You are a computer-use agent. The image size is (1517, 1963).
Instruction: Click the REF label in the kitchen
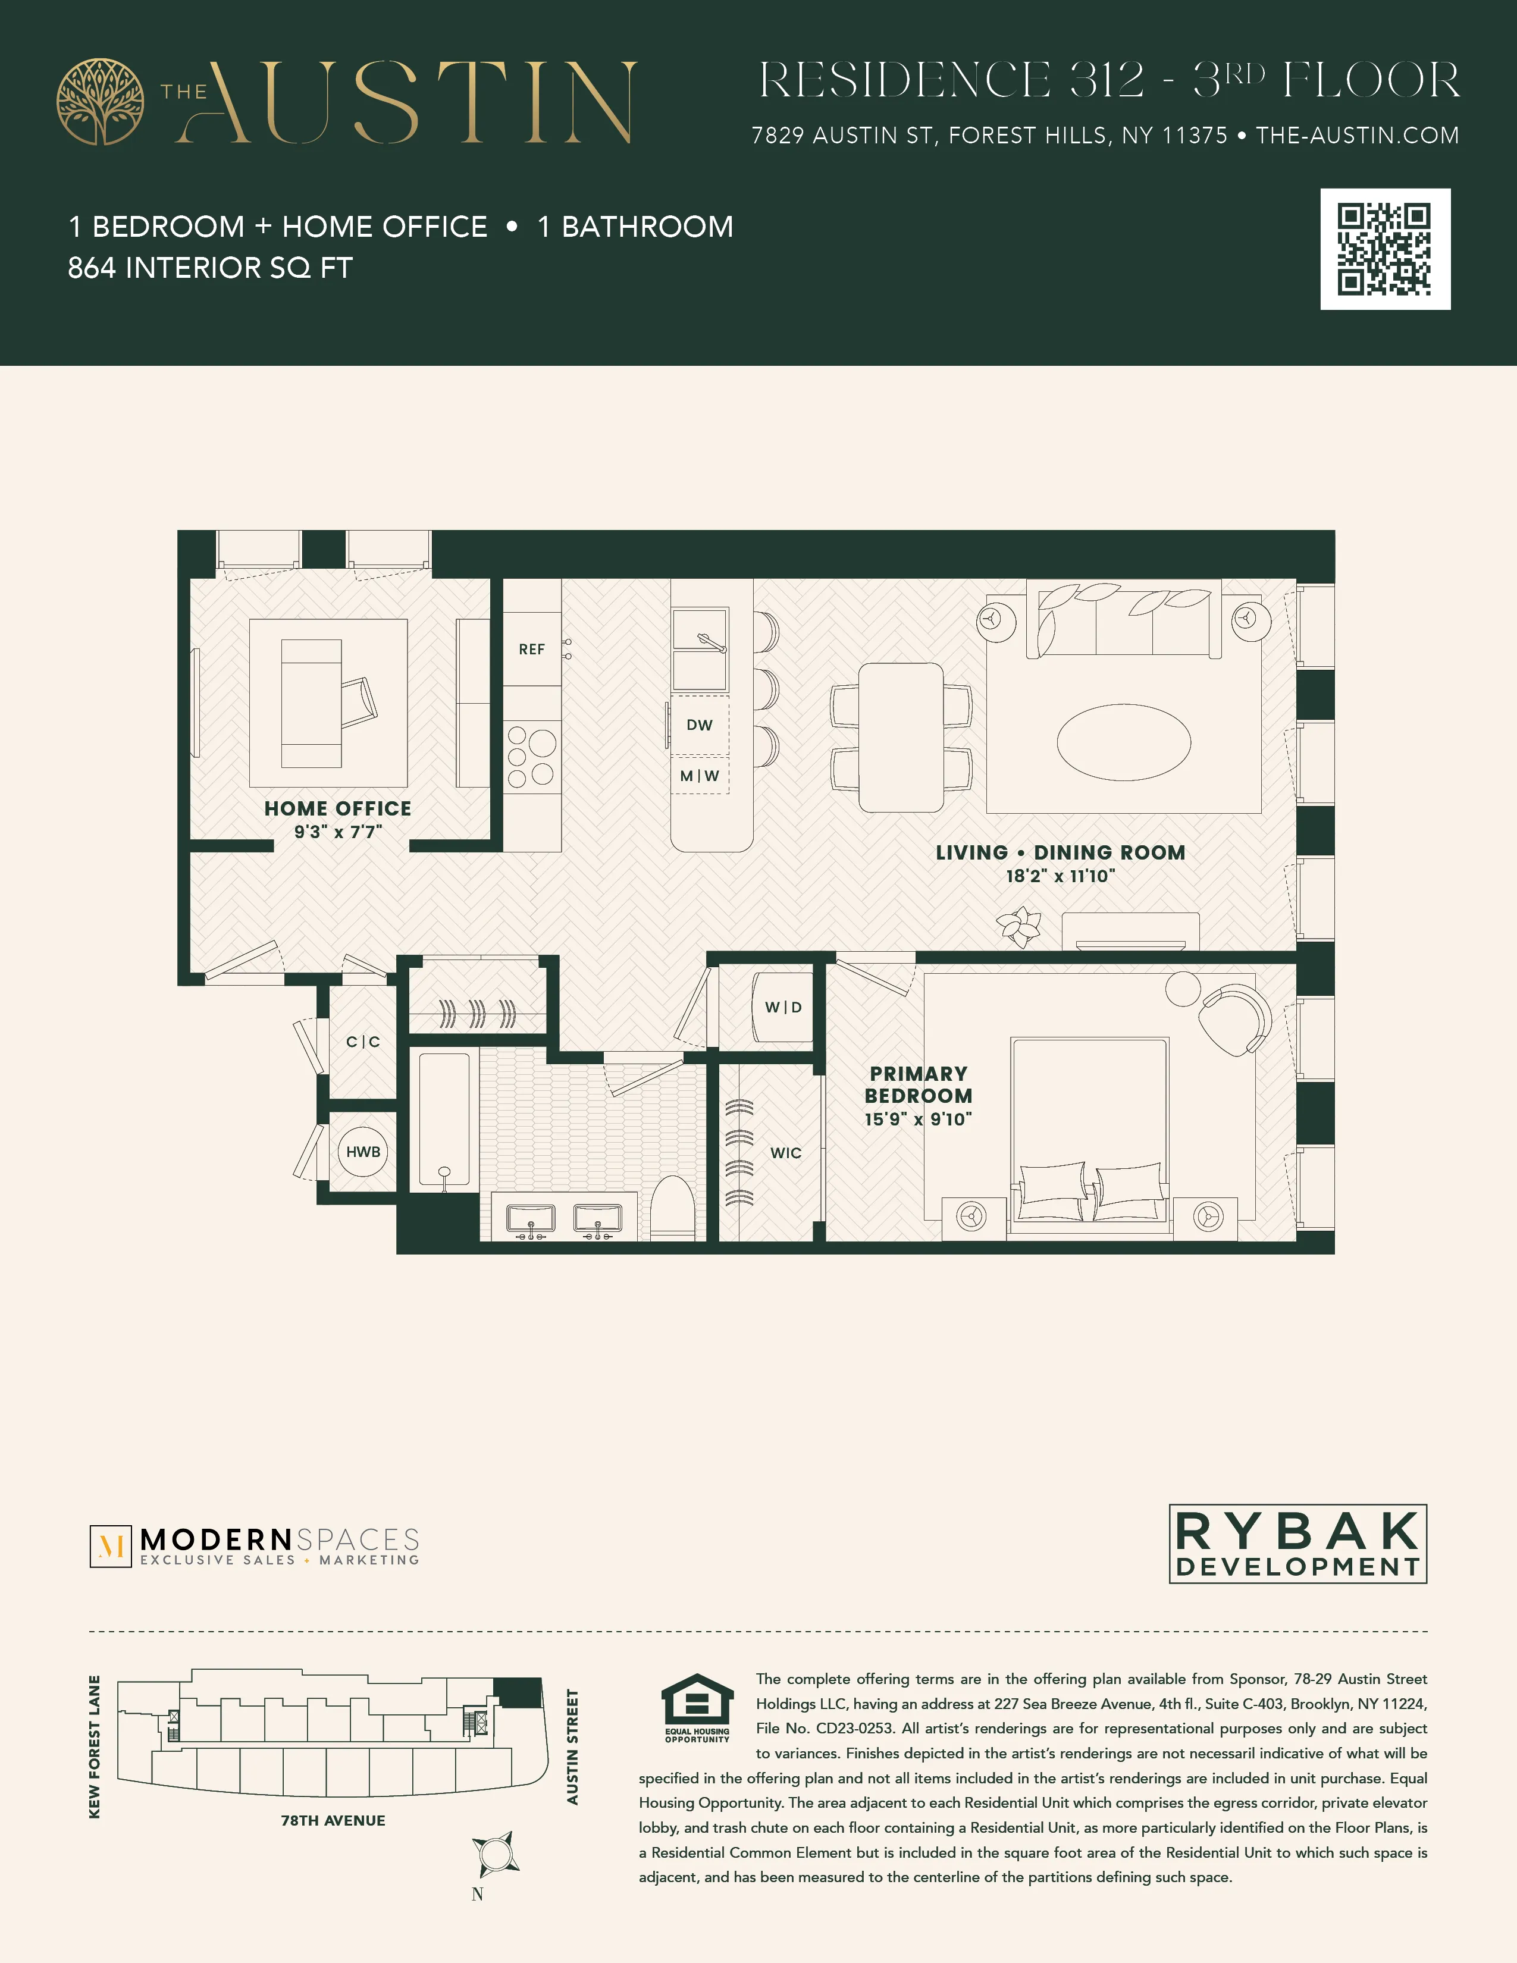531,649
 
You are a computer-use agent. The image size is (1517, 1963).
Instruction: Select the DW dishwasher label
699,725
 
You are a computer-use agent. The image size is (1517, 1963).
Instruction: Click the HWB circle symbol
363,1152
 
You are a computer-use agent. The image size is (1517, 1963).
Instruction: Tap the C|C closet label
363,1042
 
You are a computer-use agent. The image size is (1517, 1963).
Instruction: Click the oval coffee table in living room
1123,742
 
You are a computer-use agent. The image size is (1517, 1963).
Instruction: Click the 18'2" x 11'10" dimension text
1061,876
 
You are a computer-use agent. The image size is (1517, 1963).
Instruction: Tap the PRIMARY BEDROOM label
919,1085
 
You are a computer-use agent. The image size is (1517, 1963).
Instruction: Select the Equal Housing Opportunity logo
697,1708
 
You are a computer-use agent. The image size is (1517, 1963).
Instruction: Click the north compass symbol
494,1854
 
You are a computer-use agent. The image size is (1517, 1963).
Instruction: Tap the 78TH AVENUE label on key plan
333,1820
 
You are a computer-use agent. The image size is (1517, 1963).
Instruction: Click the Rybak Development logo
1297,1543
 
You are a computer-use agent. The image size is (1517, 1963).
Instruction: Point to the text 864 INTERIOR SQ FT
210,268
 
